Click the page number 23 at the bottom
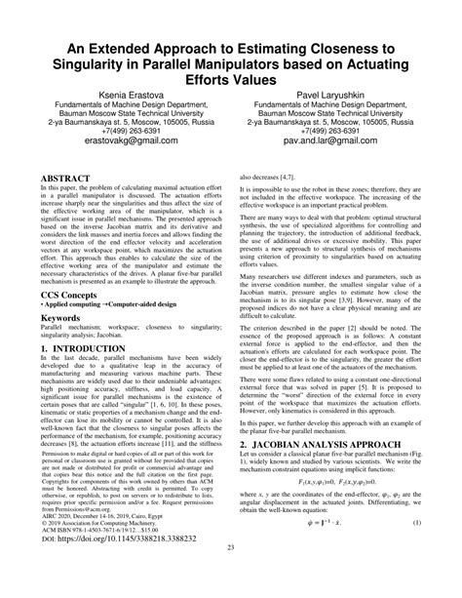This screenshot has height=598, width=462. point(231,574)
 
